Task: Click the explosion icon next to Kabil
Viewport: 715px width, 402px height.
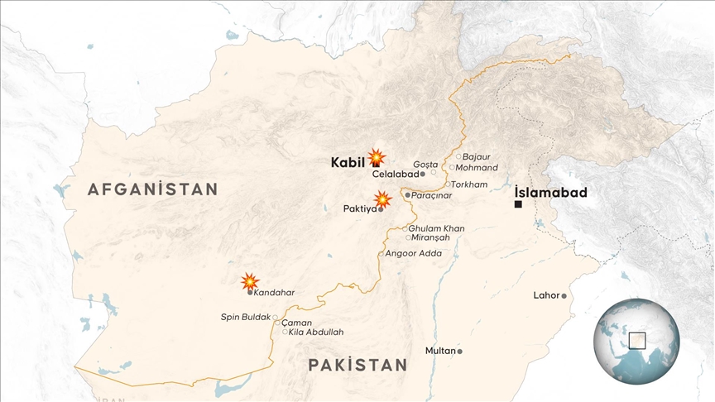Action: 377,157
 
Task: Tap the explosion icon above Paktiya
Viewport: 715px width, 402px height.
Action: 382,199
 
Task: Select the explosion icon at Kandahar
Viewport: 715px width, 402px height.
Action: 250,281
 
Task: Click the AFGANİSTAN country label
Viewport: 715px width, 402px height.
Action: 153,189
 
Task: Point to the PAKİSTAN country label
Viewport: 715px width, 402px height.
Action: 357,365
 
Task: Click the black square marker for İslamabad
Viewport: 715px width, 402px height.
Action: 518,204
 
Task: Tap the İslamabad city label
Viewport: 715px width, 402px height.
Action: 550,193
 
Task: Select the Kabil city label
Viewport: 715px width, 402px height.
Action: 348,162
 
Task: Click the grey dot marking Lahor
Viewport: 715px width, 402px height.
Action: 564,295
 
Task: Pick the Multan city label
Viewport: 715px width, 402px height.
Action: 440,351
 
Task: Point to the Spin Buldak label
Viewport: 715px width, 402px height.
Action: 245,317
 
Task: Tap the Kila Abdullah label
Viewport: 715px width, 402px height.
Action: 316,332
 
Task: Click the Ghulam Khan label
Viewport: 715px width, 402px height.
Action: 437,228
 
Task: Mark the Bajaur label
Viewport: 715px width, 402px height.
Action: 477,156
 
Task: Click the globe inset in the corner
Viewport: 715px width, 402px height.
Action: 636,341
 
